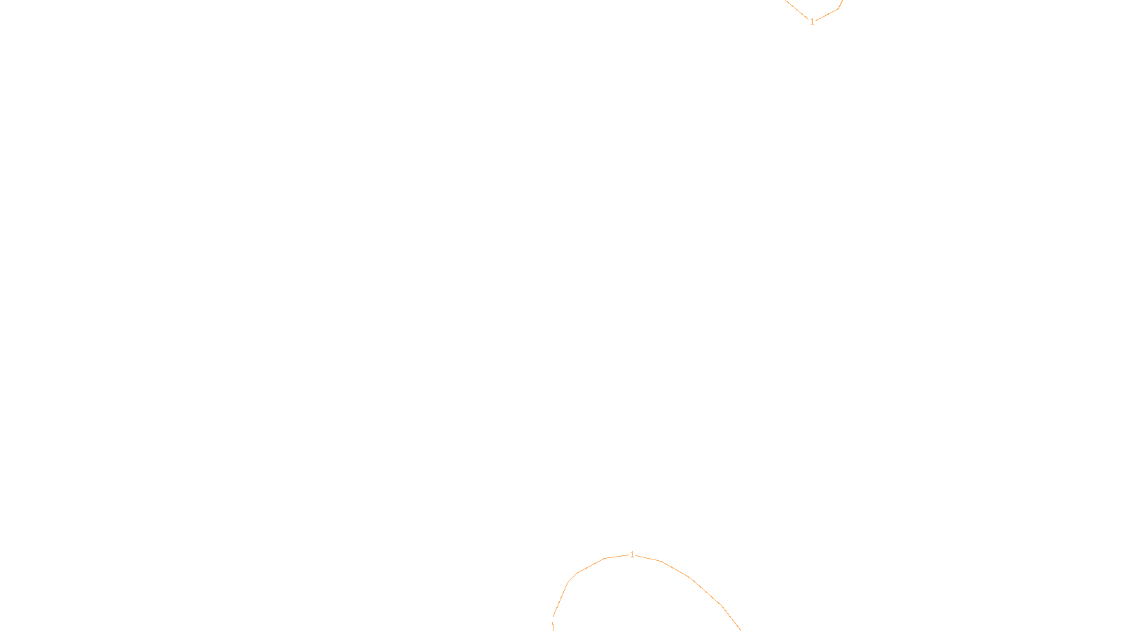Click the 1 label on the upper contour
tap(812, 22)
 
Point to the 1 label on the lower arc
tap(632, 555)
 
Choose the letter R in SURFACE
tap(556, 620)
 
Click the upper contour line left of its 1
tap(797, 10)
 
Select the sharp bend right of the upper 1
tap(838, 9)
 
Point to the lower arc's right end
tap(740, 630)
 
